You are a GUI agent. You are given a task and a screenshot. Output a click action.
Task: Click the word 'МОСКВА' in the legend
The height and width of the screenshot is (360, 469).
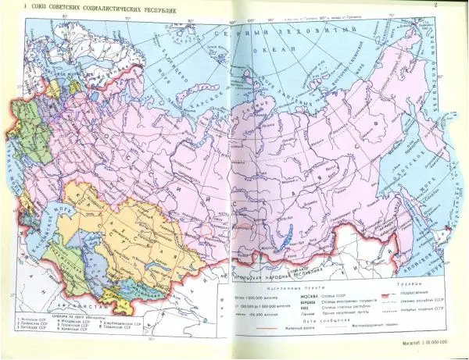click(287, 298)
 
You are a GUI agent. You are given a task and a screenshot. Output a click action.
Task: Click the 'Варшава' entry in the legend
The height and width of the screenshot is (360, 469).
click(287, 305)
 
